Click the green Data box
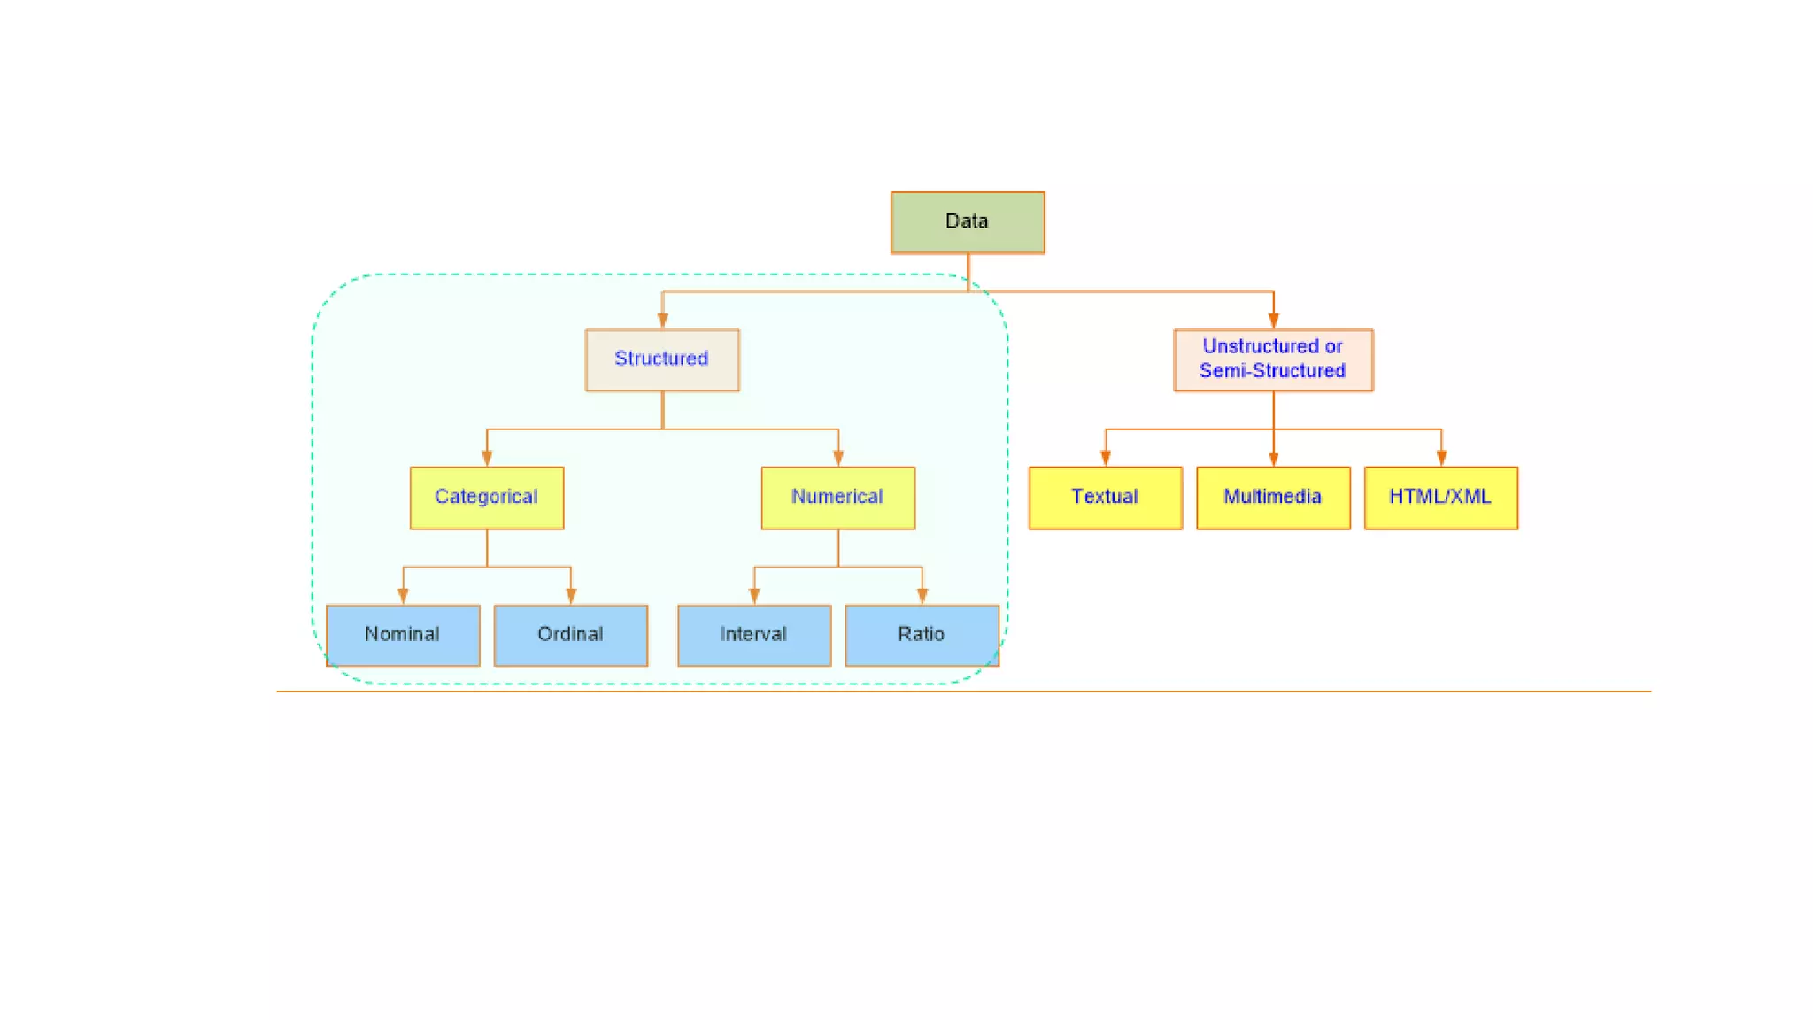967,222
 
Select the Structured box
661,359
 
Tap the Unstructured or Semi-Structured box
1272,359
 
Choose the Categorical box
486,498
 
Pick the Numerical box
837,498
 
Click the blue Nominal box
402,635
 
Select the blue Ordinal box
570,635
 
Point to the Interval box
753,635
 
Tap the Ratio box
922,635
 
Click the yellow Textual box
1105,498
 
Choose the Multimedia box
1272,498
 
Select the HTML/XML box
1440,498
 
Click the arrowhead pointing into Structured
662,321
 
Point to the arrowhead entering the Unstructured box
1273,321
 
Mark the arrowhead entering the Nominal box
403,596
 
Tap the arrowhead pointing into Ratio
922,596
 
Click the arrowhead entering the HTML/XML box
1441,458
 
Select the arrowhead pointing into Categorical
487,458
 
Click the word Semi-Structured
1272,371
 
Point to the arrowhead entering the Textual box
1105,458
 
